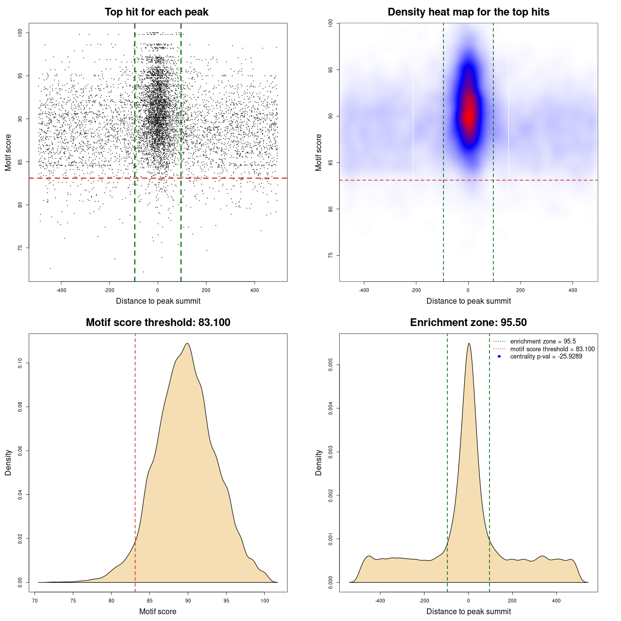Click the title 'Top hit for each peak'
click(x=156, y=12)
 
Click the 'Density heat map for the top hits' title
click(x=468, y=12)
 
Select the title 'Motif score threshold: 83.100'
click(x=158, y=323)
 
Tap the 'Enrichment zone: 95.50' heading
click(x=468, y=323)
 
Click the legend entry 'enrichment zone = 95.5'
click(x=543, y=342)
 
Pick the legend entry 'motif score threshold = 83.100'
click(x=552, y=349)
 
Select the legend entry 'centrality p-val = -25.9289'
click(x=546, y=357)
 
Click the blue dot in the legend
click(x=499, y=357)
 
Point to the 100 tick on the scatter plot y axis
click(x=20, y=33)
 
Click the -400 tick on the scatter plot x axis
click(x=61, y=290)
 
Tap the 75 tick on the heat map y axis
click(x=331, y=255)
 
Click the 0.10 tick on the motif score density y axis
click(x=20, y=363)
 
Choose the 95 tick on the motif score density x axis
click(x=227, y=601)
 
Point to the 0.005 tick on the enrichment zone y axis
click(x=331, y=365)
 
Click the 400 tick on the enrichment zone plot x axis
click(x=556, y=601)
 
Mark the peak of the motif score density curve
click(x=187, y=343)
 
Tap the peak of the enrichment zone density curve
click(x=469, y=343)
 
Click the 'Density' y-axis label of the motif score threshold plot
click(x=8, y=462)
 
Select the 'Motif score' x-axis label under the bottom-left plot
click(x=158, y=611)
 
